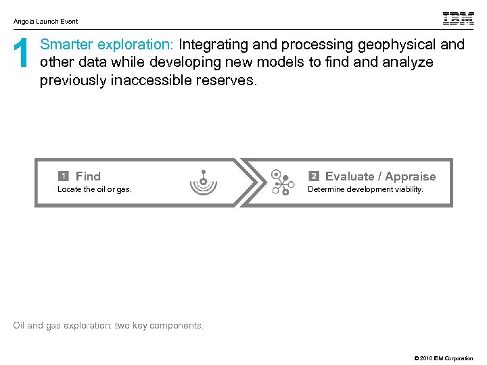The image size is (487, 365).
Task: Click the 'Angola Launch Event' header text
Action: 45,22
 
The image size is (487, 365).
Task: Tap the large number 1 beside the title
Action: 22,55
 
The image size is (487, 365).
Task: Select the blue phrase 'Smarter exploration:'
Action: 107,45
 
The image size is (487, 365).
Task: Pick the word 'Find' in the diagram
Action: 88,176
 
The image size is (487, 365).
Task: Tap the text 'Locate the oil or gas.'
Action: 95,190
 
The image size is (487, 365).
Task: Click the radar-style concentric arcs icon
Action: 202,182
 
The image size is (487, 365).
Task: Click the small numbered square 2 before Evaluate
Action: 314,176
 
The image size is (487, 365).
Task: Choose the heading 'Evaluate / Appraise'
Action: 380,176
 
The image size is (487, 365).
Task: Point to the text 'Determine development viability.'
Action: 365,190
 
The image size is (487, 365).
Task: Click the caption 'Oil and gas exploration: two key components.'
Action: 108,326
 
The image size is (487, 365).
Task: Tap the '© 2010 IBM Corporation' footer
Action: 440,358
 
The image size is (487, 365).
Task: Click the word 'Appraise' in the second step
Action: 411,176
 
